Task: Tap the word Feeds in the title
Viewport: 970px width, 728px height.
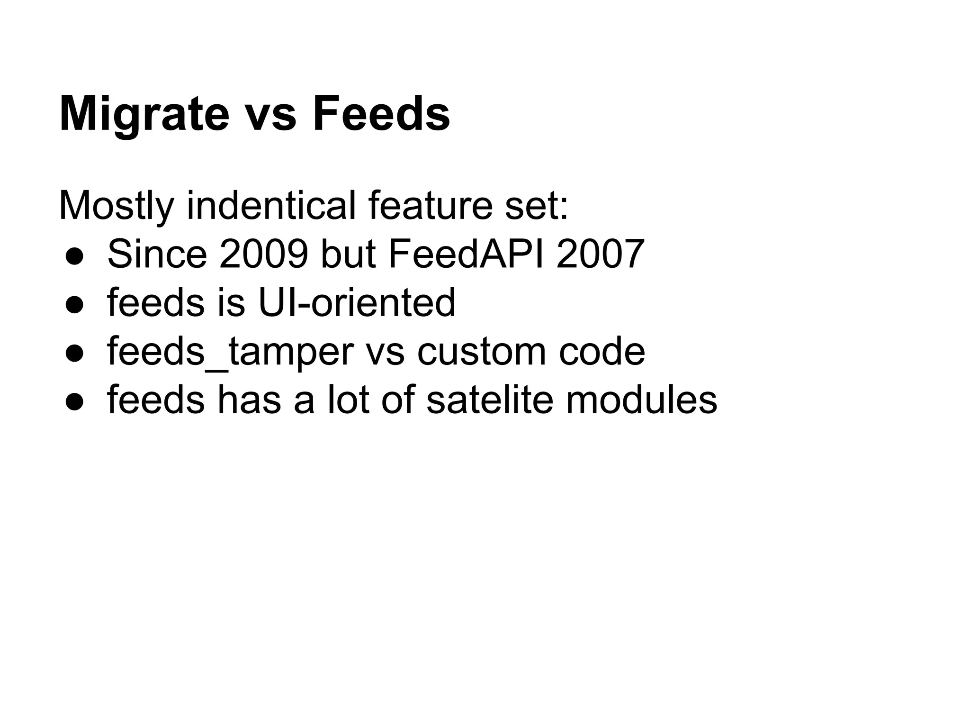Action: [381, 115]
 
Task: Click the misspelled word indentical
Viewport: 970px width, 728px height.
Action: [271, 206]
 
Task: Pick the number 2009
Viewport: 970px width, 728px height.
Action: [263, 255]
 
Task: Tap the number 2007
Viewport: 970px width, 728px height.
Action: [600, 255]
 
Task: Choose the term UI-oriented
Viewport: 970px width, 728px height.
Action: [357, 303]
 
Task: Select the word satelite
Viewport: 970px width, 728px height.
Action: [490, 400]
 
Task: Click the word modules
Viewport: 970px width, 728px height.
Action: [641, 400]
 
